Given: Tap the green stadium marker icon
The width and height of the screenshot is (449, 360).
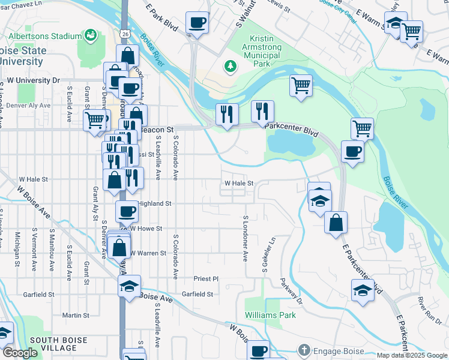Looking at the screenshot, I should point(91,35).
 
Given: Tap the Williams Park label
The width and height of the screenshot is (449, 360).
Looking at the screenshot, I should point(270,314).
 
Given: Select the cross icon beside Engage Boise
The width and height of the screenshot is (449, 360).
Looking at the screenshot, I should point(304,349).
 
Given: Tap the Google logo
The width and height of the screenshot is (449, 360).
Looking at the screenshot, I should point(20,353).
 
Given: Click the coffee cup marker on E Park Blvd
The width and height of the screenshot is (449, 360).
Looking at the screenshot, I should point(196,23).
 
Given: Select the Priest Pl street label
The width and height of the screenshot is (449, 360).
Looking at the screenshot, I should point(206,279).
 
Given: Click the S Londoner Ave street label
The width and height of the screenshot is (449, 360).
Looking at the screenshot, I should point(246,239).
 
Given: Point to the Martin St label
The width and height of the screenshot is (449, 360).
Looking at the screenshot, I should point(76,315).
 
